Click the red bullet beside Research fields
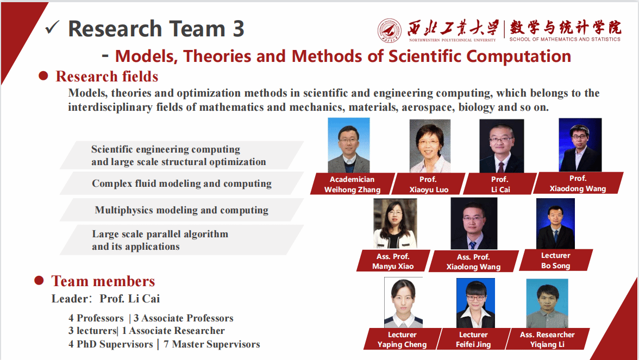point(43,76)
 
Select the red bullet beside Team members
point(39,280)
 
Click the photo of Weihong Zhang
point(348,145)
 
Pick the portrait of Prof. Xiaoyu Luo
point(429,146)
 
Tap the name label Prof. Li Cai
point(500,184)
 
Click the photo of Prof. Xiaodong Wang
point(580,144)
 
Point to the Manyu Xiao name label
point(393,261)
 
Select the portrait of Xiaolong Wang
point(473,223)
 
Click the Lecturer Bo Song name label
point(555,260)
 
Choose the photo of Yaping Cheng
point(403,302)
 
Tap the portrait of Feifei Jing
point(475,303)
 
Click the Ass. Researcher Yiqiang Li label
point(547,339)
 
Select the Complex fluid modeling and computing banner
point(181,184)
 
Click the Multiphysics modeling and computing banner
point(181,210)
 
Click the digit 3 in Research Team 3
point(238,29)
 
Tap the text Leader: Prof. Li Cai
point(106,299)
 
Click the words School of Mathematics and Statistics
point(565,39)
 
